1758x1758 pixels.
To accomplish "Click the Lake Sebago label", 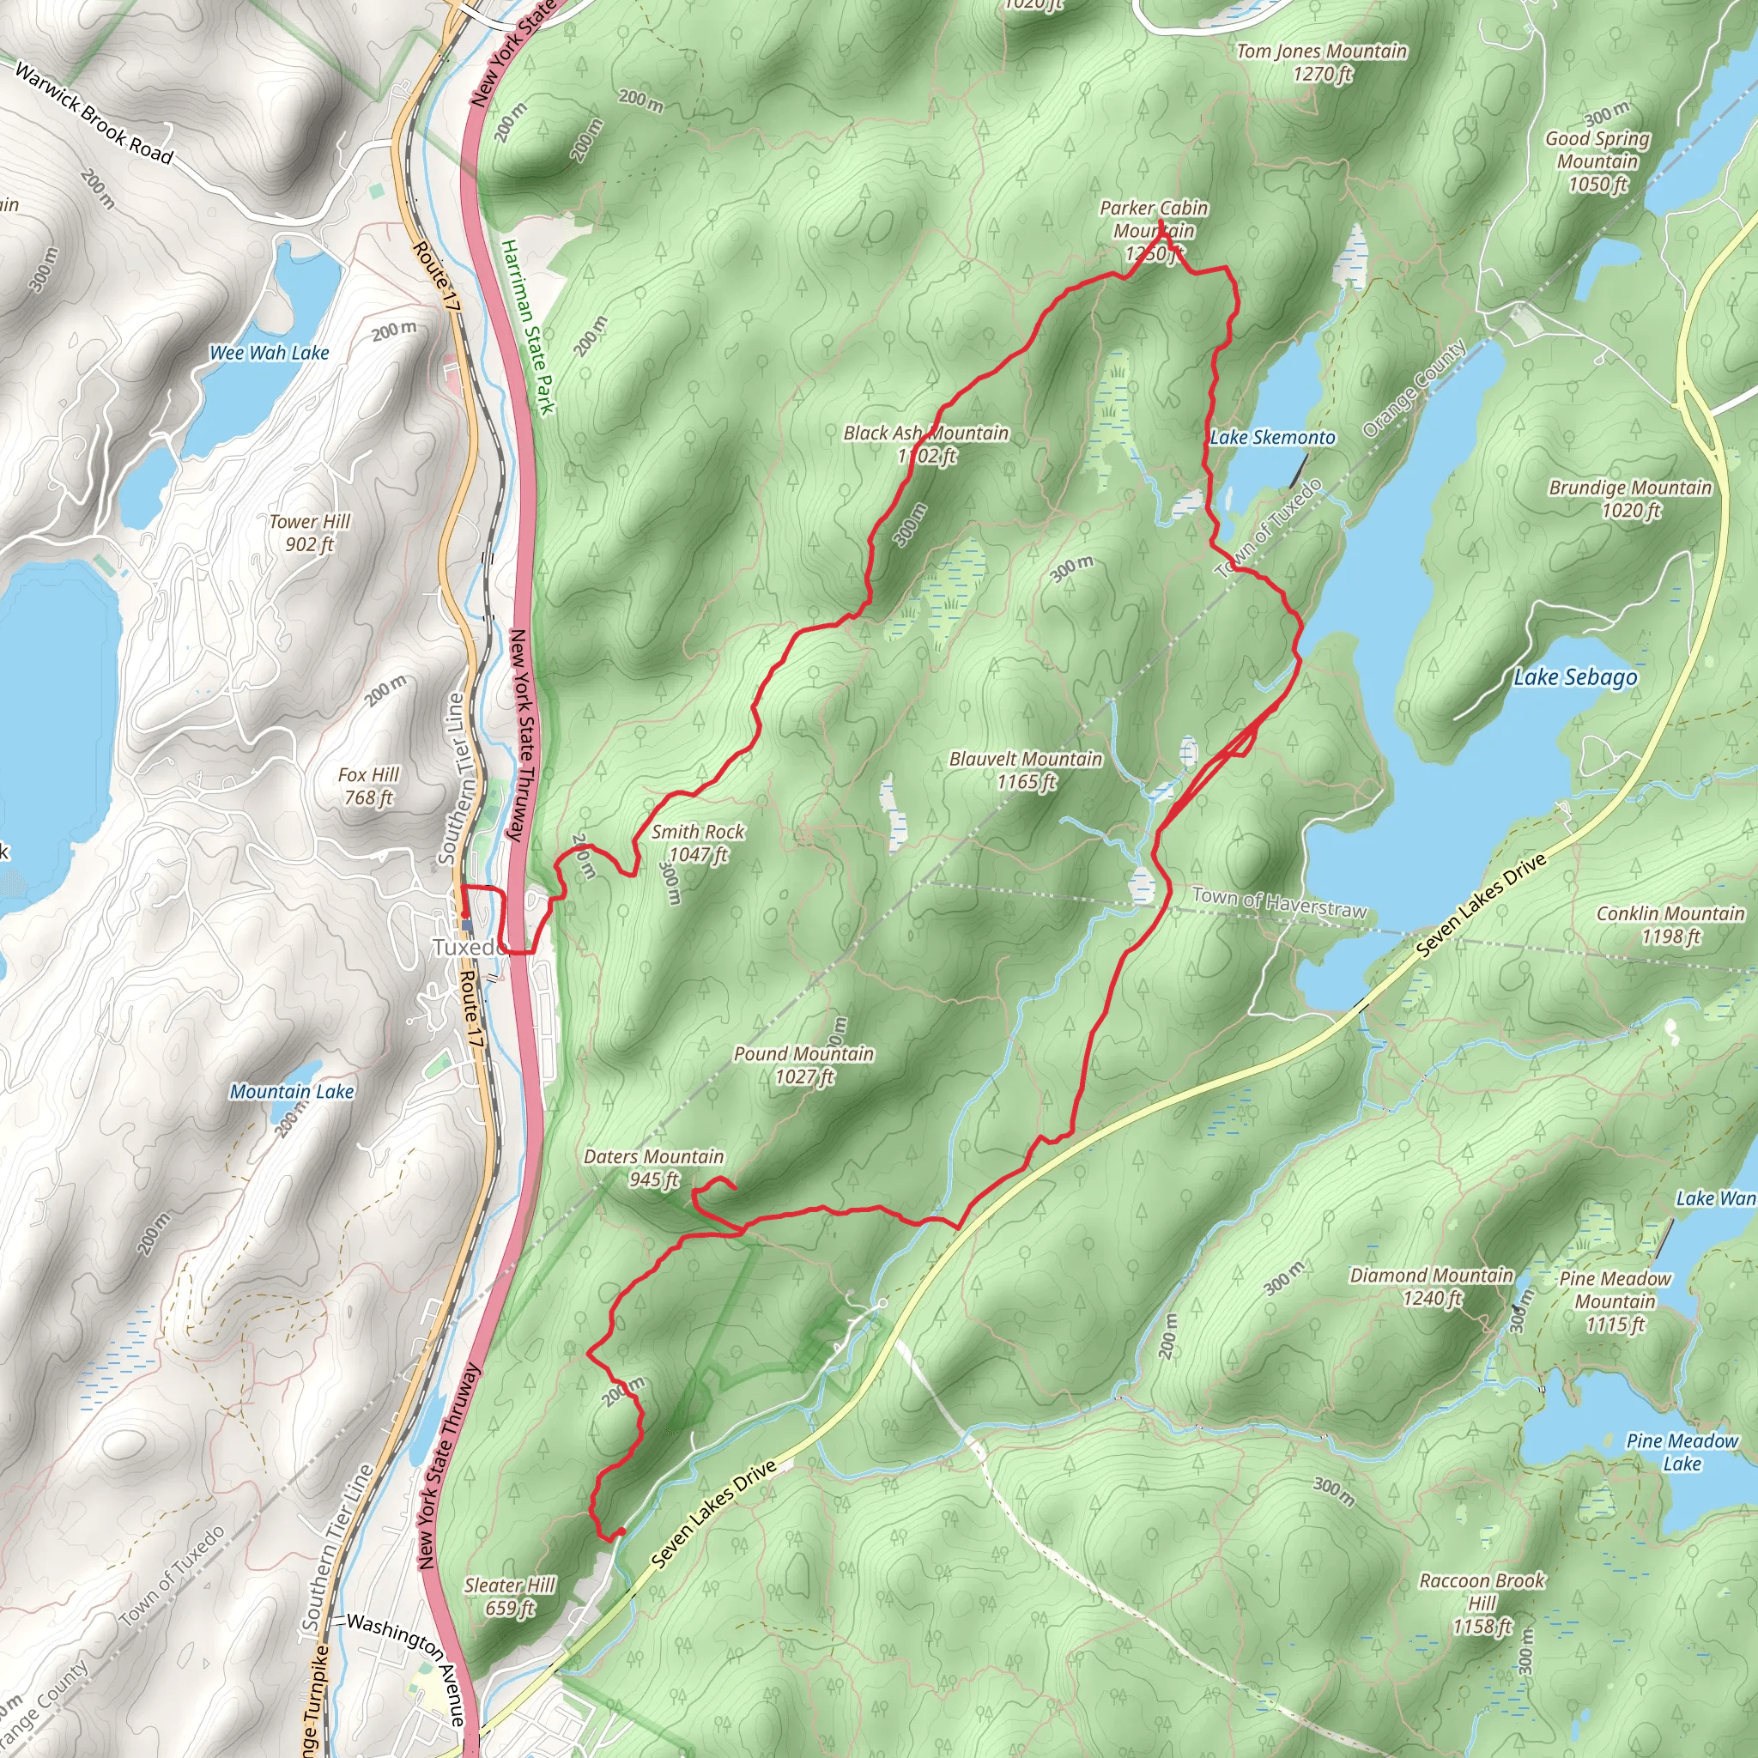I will pyautogui.click(x=1574, y=677).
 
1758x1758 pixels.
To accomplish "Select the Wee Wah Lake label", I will pyautogui.click(x=270, y=353).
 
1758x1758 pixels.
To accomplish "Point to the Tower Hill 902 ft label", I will pyautogui.click(x=309, y=532).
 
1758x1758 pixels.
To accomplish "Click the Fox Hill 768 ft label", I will pyautogui.click(x=368, y=785).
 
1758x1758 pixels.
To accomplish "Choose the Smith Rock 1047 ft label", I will pyautogui.click(x=698, y=843).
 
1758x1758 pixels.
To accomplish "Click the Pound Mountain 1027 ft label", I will pyautogui.click(x=803, y=1064).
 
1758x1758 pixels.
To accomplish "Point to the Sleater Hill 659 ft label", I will pyautogui.click(x=510, y=1596).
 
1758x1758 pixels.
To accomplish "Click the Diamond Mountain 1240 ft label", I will pyautogui.click(x=1431, y=1286).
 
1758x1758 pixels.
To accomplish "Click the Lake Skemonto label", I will pyautogui.click(x=1272, y=438).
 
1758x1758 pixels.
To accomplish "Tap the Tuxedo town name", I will pyautogui.click(x=466, y=948).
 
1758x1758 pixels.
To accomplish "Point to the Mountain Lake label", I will pyautogui.click(x=291, y=1091).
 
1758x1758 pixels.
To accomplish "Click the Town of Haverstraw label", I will pyautogui.click(x=1279, y=903).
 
